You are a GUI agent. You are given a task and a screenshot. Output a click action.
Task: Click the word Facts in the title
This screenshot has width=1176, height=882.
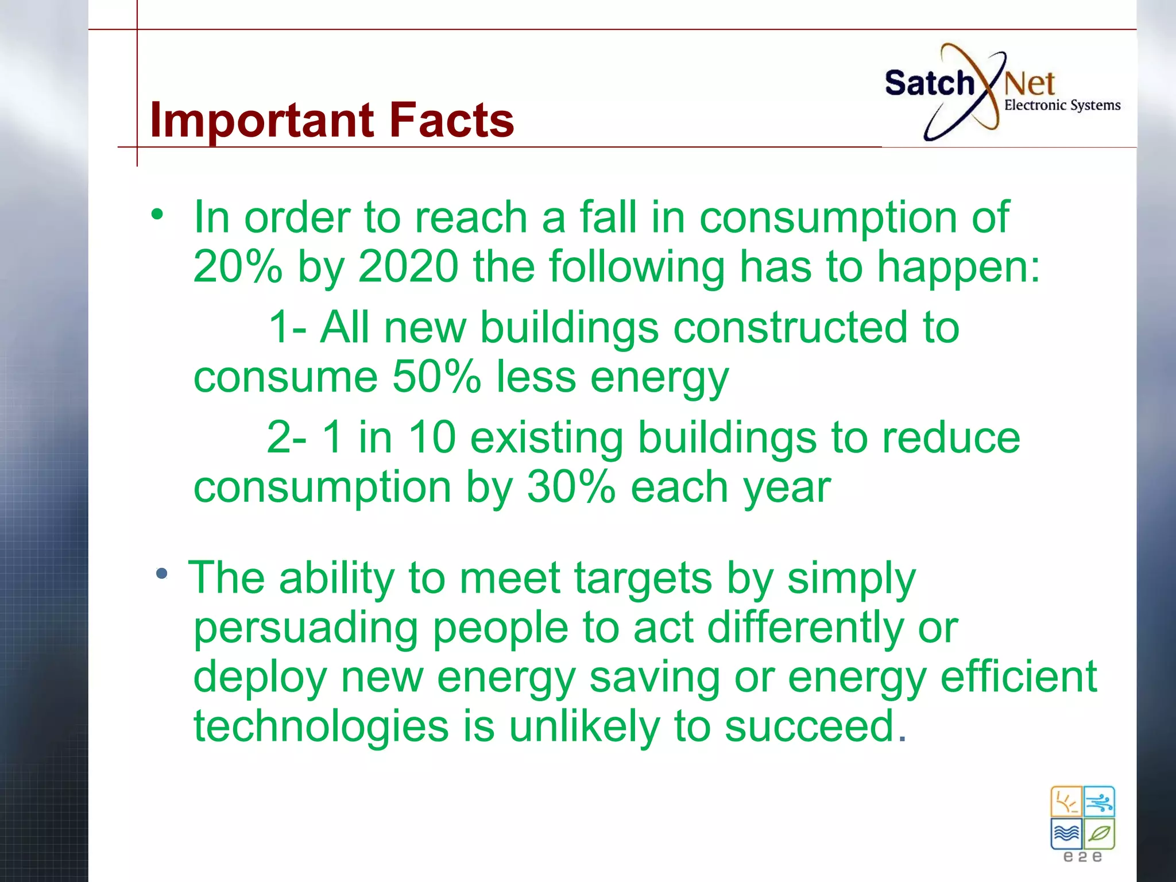point(451,121)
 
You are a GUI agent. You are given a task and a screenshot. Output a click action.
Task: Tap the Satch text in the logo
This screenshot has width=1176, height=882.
point(929,83)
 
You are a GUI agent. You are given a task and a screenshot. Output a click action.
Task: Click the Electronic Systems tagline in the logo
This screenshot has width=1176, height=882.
point(1062,105)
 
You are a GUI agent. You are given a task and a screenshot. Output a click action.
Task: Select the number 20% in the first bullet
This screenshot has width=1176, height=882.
point(238,266)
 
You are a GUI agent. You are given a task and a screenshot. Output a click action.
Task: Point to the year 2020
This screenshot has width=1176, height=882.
point(408,266)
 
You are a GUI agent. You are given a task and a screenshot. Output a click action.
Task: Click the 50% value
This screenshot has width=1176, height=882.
point(436,377)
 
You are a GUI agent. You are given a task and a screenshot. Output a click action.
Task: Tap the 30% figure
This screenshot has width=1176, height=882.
point(571,487)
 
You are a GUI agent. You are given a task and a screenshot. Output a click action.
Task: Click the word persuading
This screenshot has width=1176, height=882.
point(305,628)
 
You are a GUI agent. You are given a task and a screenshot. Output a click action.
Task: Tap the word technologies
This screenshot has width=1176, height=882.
point(320,726)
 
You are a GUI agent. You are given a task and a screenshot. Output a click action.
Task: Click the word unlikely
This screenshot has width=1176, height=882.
point(584,726)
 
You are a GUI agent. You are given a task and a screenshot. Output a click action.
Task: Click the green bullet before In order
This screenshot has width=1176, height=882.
point(157,215)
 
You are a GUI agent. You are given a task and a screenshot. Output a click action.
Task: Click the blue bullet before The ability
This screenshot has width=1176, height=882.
point(162,573)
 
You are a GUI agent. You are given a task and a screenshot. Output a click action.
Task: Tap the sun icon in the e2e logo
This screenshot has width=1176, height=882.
point(1066,802)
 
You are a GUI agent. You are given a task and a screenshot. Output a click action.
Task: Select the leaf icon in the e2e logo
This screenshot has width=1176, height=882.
point(1099,834)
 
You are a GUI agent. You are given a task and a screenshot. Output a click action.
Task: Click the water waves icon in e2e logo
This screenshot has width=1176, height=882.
point(1066,834)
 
